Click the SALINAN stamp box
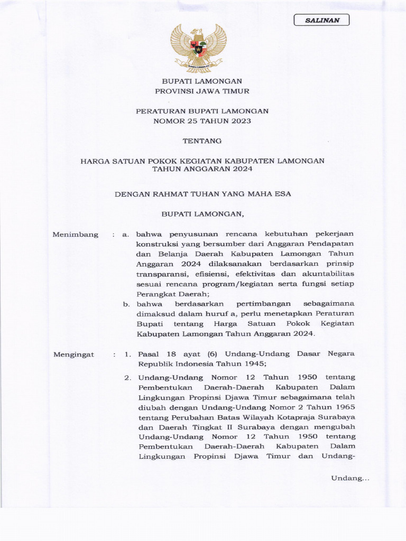[x=321, y=20]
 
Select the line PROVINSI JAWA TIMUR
[x=202, y=91]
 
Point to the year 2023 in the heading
[x=241, y=120]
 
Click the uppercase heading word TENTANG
[x=202, y=141]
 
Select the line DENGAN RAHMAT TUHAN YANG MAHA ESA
[x=203, y=194]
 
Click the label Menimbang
[x=75, y=234]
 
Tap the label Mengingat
[x=73, y=355]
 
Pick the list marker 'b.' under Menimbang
[x=126, y=304]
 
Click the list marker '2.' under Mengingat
[x=127, y=377]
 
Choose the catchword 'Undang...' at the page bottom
[x=349, y=478]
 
